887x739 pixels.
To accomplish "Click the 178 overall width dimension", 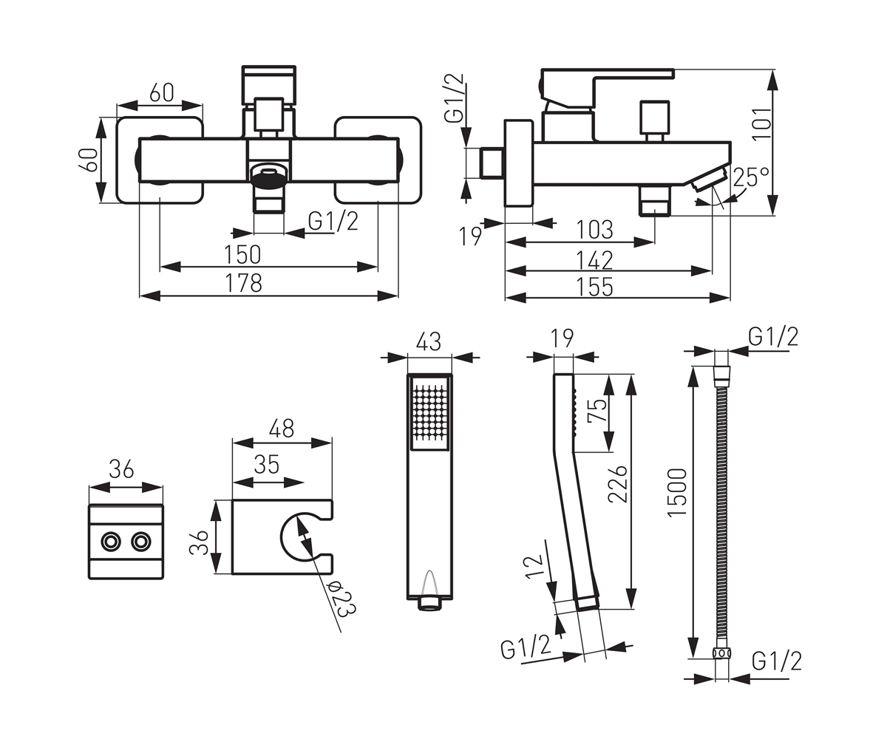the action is [243, 283].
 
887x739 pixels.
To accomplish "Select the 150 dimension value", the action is [242, 254].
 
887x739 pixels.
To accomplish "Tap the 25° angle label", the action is [751, 177].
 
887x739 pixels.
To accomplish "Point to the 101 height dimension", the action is [761, 123].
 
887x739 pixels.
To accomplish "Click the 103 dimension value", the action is [594, 230].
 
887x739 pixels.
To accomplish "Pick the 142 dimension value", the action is [594, 260].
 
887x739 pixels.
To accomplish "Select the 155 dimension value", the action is [594, 287].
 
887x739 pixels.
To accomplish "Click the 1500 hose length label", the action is [677, 492].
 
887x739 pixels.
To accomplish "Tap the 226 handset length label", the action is [618, 484].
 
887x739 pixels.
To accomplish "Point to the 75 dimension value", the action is [597, 411].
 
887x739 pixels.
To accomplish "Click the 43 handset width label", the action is [429, 341].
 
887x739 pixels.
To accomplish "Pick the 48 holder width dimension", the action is [282, 429].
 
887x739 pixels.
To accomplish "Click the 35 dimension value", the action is [267, 464].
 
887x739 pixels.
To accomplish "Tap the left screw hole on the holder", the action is [110, 542].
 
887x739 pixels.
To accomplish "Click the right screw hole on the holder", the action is [141, 542].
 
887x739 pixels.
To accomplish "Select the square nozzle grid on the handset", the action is [429, 412].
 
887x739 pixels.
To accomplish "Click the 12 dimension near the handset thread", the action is [534, 565].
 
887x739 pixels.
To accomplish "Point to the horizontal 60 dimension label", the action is [162, 92].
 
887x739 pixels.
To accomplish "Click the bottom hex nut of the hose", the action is [721, 653].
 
